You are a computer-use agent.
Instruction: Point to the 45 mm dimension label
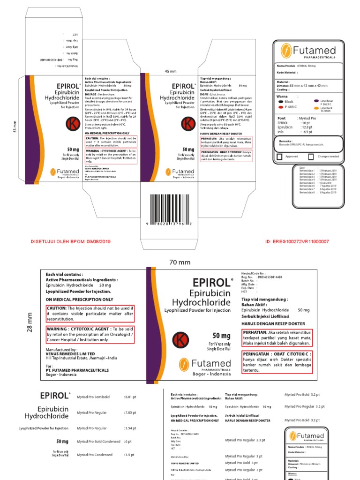tap(170, 71)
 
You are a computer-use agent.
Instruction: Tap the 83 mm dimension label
tap(14, 127)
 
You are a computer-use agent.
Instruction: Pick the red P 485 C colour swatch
tap(280, 107)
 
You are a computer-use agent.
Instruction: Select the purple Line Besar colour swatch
tap(316, 101)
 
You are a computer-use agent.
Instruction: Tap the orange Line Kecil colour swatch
tap(316, 108)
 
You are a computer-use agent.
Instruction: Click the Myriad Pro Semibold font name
tap(93, 397)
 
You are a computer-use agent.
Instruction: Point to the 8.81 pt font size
tap(129, 397)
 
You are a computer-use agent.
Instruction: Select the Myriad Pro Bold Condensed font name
tap(98, 441)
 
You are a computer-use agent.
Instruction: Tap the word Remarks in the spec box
tap(285, 141)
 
